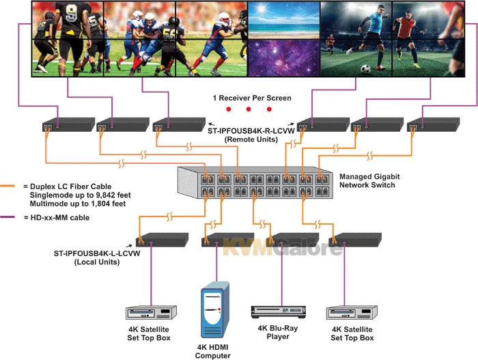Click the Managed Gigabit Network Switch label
(369, 180)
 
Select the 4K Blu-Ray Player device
(275, 311)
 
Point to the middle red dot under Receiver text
(238, 109)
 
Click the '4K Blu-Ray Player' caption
(275, 331)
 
